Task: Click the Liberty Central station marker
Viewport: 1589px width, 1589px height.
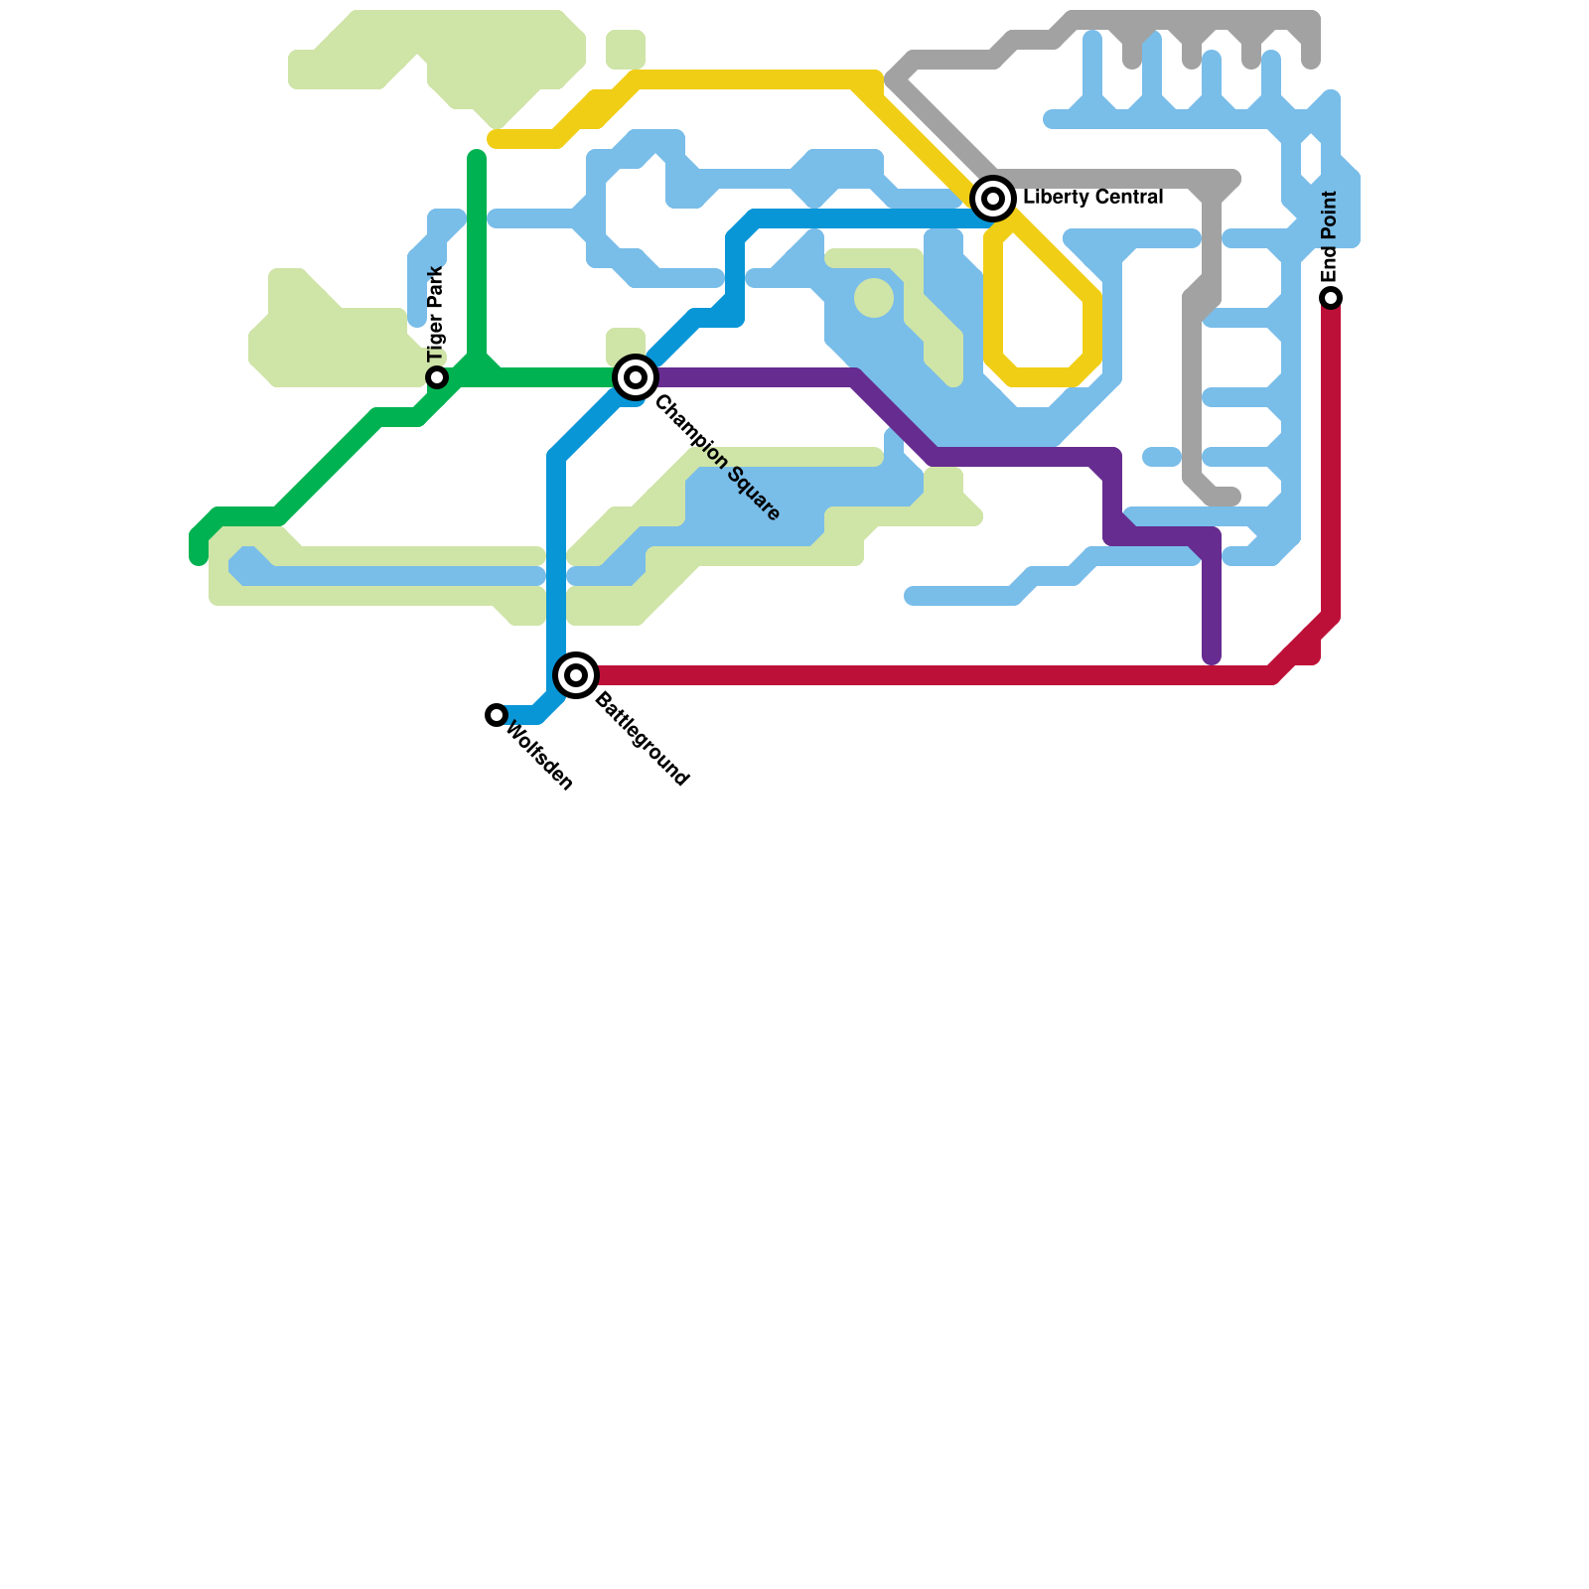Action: tap(993, 199)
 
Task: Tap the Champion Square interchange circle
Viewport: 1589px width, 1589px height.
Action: tap(636, 377)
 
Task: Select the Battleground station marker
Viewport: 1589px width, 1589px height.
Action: tap(576, 675)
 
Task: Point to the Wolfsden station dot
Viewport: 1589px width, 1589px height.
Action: tap(497, 715)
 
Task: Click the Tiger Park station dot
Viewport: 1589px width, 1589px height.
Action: tap(437, 377)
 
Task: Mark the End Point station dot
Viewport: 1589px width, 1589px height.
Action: tap(1331, 298)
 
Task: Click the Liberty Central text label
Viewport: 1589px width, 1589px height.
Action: tap(1092, 198)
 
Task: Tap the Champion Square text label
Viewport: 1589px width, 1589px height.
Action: tap(717, 459)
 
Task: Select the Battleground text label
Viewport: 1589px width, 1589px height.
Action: tap(642, 741)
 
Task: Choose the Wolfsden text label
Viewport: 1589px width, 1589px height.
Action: tap(539, 758)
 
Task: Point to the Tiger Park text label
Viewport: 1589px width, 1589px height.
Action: tap(436, 315)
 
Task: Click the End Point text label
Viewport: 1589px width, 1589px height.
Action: tap(1331, 236)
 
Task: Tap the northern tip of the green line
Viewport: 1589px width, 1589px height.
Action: tap(477, 157)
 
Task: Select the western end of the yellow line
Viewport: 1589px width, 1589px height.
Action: tap(495, 139)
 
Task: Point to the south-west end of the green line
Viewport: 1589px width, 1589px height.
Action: tap(199, 558)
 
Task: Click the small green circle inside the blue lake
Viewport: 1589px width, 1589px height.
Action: tap(874, 298)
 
